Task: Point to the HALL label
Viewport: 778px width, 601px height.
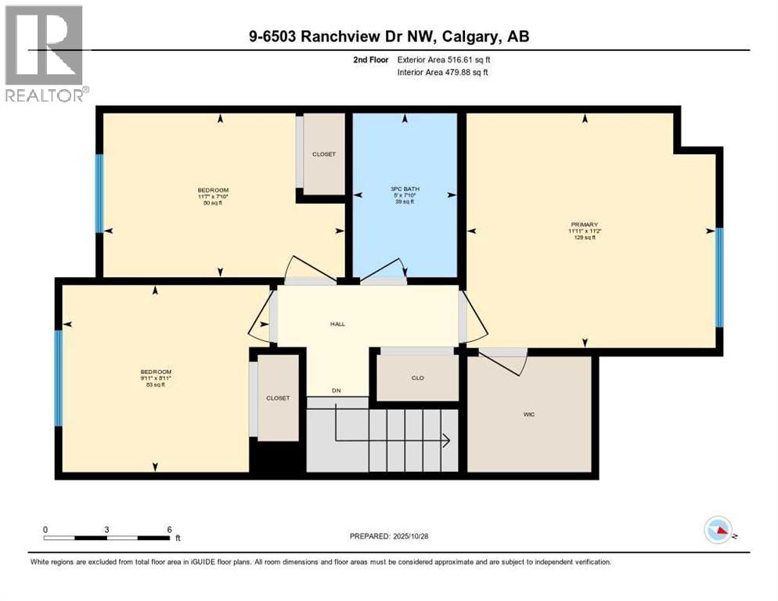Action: coord(337,324)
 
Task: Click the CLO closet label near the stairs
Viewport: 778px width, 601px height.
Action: coord(418,378)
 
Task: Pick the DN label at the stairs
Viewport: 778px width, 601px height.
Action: coord(337,390)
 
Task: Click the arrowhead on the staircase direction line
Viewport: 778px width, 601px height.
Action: coord(445,441)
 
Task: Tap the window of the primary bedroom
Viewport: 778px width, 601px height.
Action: coord(719,278)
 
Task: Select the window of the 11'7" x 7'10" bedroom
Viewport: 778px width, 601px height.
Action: coord(99,193)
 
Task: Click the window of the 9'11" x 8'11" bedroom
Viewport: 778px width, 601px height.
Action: coord(58,378)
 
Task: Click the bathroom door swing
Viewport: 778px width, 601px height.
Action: coord(383,269)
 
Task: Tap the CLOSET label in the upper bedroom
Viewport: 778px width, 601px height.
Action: coord(323,154)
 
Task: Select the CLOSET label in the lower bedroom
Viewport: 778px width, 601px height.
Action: coord(277,398)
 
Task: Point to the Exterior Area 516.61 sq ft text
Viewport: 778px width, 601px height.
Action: coord(445,59)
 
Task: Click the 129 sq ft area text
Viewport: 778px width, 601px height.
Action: coord(585,238)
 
